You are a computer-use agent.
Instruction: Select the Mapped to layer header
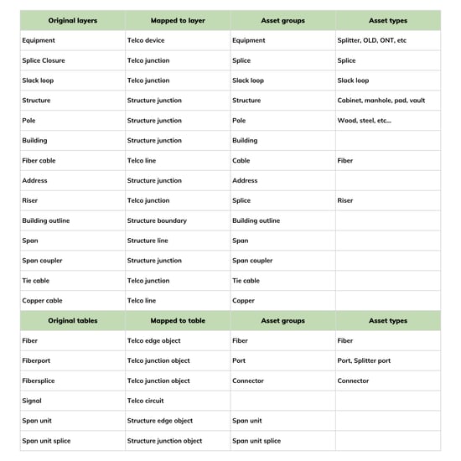(177, 20)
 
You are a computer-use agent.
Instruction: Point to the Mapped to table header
(177, 321)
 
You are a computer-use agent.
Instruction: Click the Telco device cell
(146, 40)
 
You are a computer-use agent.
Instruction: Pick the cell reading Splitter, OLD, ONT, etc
(371, 40)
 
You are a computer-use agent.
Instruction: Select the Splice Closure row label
(44, 60)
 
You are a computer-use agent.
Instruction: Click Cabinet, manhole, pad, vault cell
(381, 101)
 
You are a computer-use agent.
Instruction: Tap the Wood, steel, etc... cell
(364, 121)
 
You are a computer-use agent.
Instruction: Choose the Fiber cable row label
(39, 161)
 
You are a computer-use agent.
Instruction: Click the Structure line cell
(148, 241)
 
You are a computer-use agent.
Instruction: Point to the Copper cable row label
(42, 301)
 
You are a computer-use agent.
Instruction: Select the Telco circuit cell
(148, 401)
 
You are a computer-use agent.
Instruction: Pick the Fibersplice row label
(40, 381)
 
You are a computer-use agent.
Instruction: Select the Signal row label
(32, 401)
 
